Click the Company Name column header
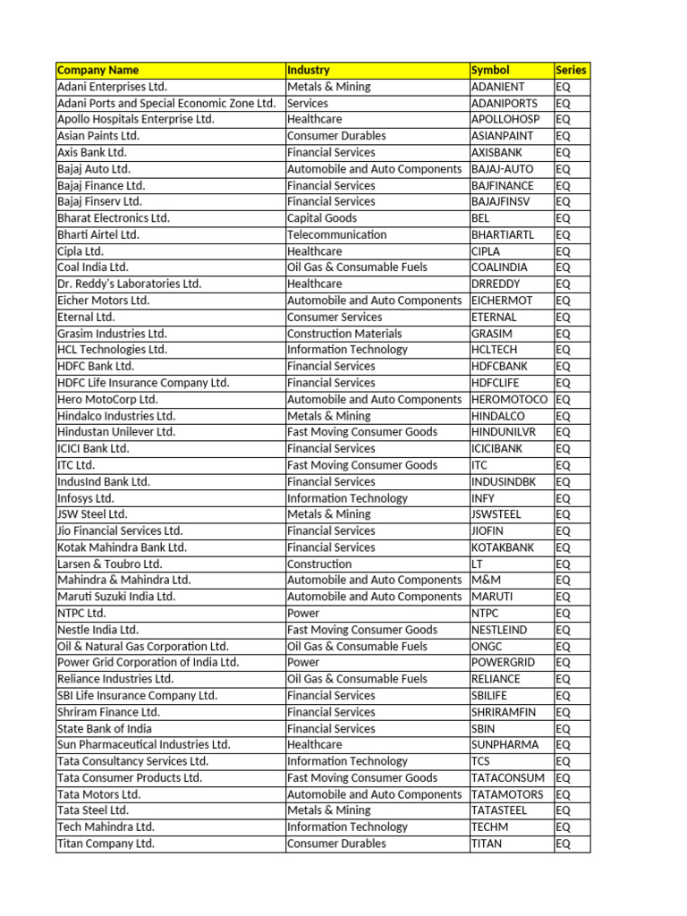(x=98, y=70)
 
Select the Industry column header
(x=309, y=70)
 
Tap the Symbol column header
(x=490, y=70)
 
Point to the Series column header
(x=572, y=70)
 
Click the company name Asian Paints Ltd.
(x=98, y=136)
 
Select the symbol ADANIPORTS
(x=505, y=103)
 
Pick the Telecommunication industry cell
(x=336, y=234)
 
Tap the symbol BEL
(x=480, y=218)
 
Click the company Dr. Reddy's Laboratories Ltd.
(x=129, y=284)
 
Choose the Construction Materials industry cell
(x=332, y=334)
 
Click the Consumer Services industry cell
(x=334, y=317)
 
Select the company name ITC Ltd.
(x=76, y=465)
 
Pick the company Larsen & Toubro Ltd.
(x=109, y=564)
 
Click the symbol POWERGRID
(x=504, y=662)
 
